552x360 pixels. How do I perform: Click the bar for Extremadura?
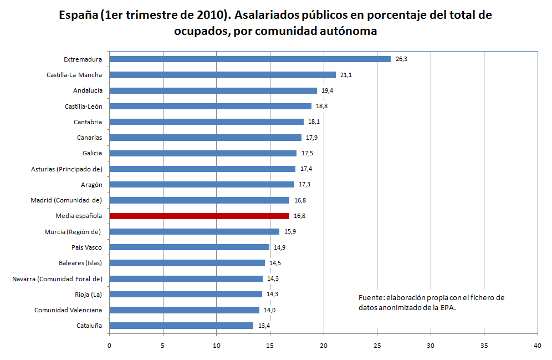tap(249, 59)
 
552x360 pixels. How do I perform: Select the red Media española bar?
tap(199, 216)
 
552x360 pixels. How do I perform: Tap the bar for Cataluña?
tap(181, 326)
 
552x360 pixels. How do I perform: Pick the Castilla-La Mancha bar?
tap(222, 75)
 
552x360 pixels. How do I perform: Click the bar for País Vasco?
tap(189, 247)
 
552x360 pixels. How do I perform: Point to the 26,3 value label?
tap(401, 59)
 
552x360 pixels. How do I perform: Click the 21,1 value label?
tap(346, 75)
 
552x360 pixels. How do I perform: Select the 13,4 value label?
tap(264, 326)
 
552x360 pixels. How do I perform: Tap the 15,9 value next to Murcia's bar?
tap(290, 231)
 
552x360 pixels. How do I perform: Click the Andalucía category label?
tap(88, 90)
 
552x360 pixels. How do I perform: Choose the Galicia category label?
tap(91, 153)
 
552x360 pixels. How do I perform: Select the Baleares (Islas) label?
tap(80, 263)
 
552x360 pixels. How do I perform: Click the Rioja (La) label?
tap(89, 295)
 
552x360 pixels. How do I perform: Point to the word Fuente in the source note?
tap(370, 298)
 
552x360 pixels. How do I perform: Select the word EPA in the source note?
tap(447, 308)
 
